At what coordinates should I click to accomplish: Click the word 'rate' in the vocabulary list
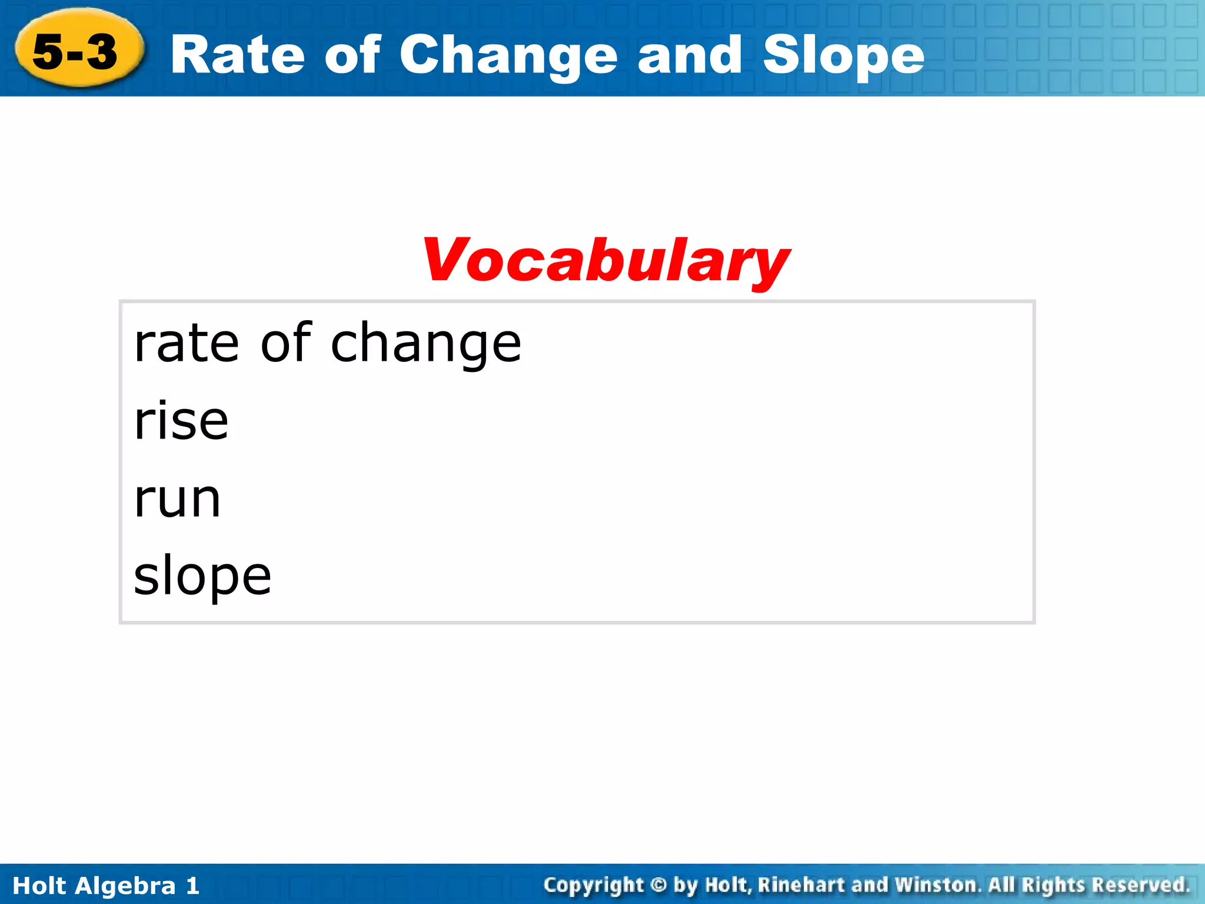coord(186,344)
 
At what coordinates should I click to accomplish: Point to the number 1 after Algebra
coord(192,886)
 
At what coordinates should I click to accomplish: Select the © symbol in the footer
coord(660,885)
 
